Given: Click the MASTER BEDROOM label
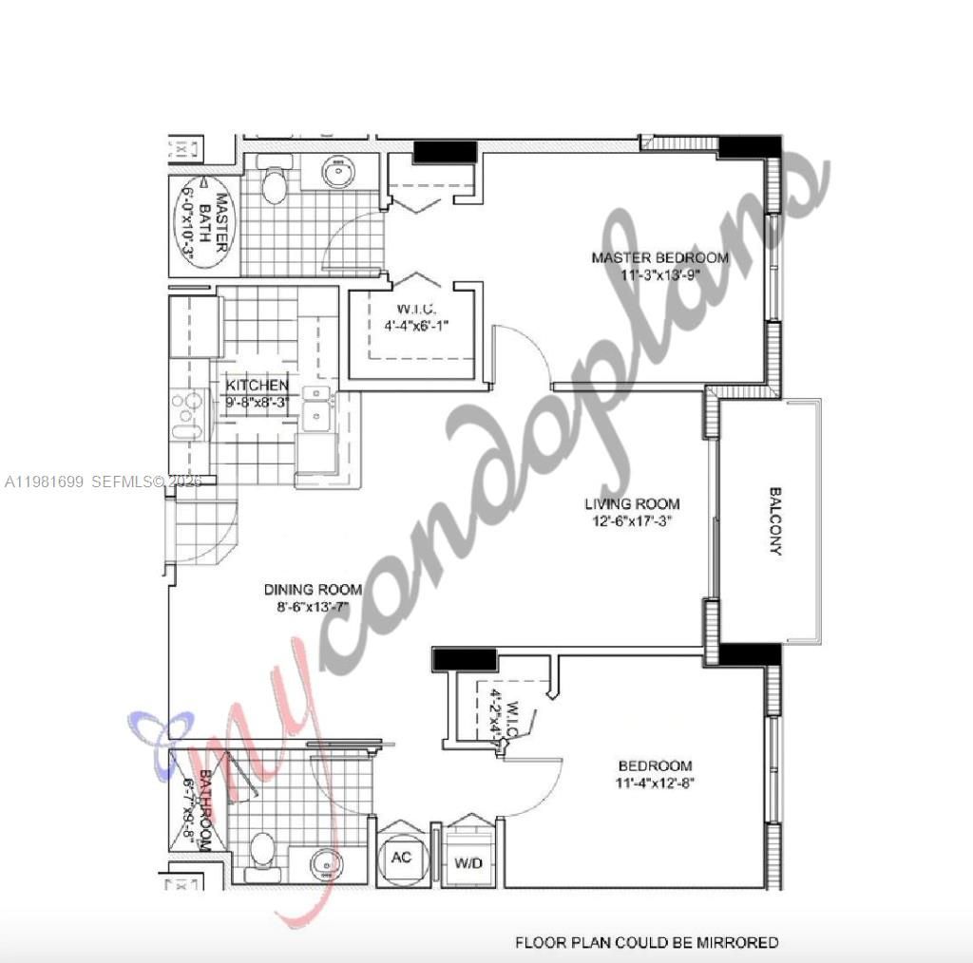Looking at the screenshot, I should click(659, 257).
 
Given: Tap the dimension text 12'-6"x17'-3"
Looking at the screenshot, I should click(632, 520).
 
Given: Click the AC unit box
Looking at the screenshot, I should click(401, 857).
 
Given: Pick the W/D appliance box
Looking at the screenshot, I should click(466, 862).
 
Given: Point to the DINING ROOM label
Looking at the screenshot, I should click(313, 590).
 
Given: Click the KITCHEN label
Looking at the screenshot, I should click(257, 386).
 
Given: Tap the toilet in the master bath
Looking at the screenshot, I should click(274, 184).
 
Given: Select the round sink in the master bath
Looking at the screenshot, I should click(337, 173).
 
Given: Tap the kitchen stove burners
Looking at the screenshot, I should click(189, 415).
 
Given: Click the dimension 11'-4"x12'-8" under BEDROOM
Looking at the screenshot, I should click(655, 784).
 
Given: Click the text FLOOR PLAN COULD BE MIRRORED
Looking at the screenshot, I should click(646, 942).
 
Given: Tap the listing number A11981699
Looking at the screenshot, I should click(45, 482).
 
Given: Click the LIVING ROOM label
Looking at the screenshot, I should click(632, 504).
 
